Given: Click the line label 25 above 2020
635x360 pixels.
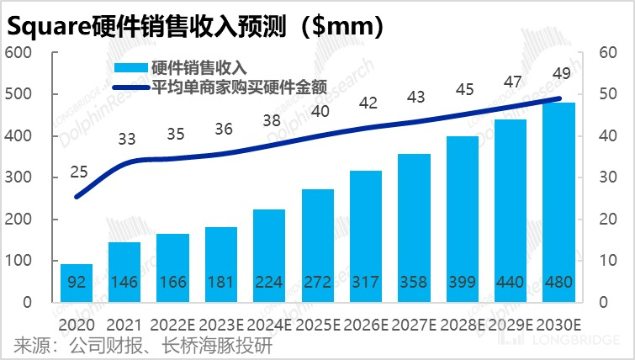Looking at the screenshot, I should pos(78,172).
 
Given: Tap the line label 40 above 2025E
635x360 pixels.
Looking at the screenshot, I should pos(320,111).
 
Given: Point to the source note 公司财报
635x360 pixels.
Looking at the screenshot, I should pos(103,346).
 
